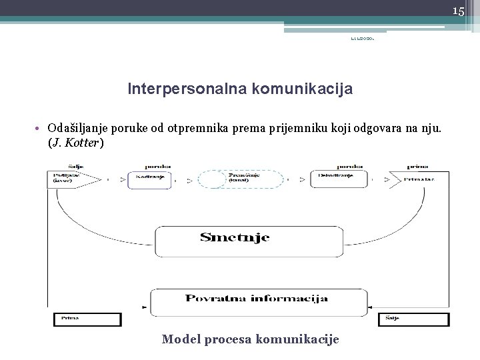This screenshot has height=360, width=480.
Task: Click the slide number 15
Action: point(458,11)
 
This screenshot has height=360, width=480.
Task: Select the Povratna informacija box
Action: point(256,299)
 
